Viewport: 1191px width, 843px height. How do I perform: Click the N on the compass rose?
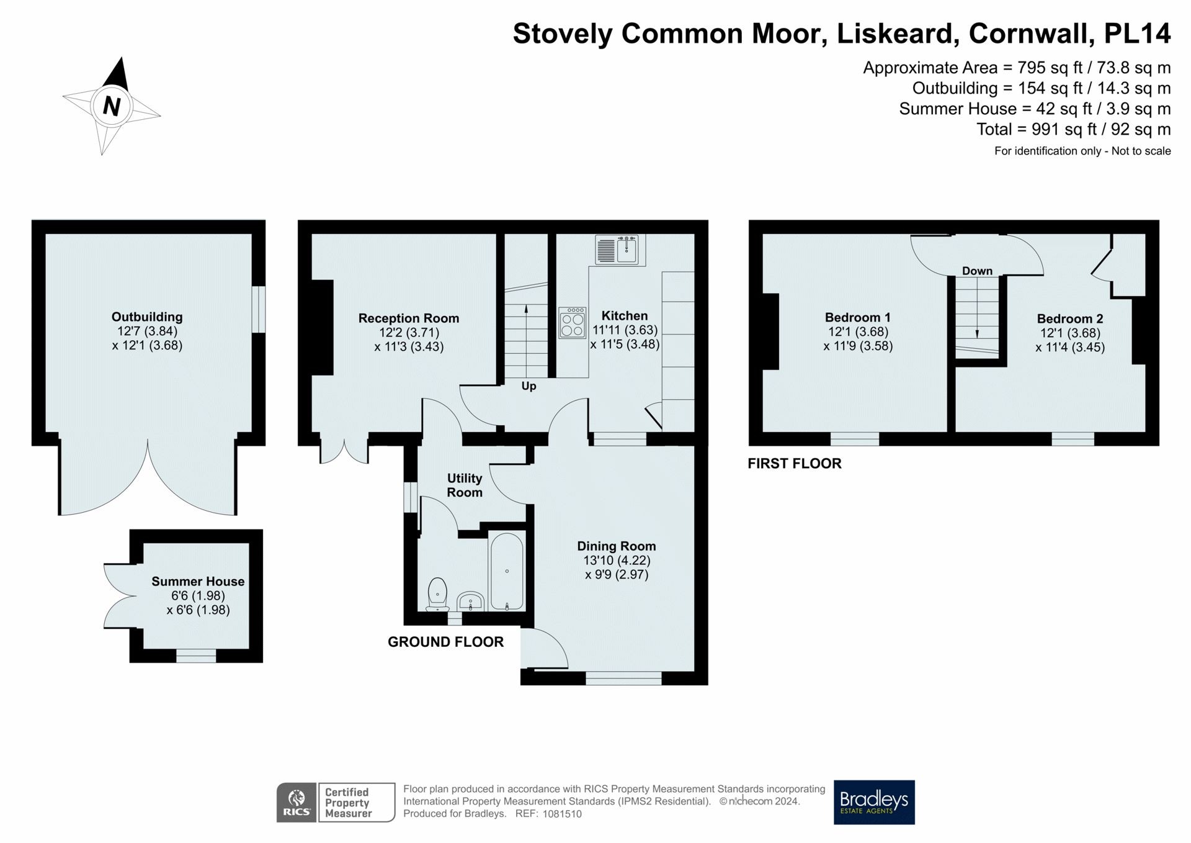112,106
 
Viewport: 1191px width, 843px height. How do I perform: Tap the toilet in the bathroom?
438,594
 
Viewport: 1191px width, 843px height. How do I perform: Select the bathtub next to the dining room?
507,571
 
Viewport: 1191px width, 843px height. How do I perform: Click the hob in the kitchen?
572,323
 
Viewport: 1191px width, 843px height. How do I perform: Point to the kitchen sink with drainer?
617,250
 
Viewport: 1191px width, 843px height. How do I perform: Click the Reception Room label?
409,318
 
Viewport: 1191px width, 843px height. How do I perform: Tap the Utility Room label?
465,485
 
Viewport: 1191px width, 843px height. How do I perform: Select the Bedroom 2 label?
1070,318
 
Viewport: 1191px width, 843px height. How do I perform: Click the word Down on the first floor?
977,271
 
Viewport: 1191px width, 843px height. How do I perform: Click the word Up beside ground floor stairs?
529,385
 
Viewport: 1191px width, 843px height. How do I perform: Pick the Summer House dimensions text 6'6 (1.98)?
198,596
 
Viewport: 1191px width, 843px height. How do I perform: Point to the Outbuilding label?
147,317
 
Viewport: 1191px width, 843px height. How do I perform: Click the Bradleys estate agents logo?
873,801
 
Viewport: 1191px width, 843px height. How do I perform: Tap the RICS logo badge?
297,803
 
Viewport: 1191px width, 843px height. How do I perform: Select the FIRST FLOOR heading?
794,463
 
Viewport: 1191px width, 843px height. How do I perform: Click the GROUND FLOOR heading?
445,642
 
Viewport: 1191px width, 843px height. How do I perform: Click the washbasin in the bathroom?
471,601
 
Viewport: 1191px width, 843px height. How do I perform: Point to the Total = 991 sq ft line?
1073,129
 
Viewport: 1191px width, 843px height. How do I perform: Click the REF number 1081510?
561,814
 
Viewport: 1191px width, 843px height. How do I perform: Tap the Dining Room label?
616,546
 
